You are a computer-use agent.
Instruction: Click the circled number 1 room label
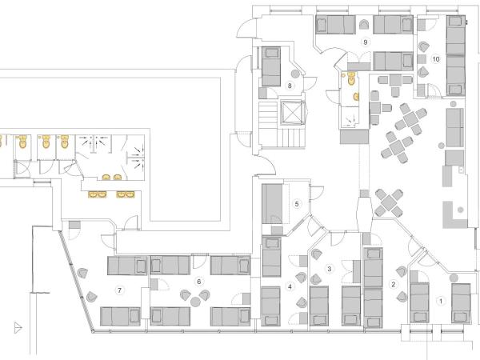tap(441, 302)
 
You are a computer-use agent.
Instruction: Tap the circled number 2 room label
tap(394, 284)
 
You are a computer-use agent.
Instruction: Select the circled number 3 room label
tap(330, 269)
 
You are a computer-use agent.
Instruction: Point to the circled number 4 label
tap(290, 287)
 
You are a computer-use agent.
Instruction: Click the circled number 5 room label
tap(297, 204)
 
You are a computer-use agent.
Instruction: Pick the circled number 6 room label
tap(199, 282)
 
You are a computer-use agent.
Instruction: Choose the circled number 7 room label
tap(120, 290)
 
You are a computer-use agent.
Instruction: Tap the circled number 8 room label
tap(290, 86)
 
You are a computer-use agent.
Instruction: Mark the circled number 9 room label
tap(365, 42)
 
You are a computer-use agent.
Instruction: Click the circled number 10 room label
tap(436, 59)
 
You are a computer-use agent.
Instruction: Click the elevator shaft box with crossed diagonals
tap(293, 113)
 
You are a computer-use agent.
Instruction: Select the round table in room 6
tap(195, 302)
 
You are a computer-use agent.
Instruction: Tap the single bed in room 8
tap(271, 66)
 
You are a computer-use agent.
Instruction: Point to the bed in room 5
tap(272, 203)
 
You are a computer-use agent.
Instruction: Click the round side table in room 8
tap(295, 74)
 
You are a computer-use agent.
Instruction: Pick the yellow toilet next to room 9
tap(351, 78)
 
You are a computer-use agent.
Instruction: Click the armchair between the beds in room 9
tap(364, 25)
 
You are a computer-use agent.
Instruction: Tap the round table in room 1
tap(454, 278)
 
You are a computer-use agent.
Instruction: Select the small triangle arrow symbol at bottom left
tap(18, 327)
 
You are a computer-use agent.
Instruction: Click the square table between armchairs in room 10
tap(422, 58)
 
